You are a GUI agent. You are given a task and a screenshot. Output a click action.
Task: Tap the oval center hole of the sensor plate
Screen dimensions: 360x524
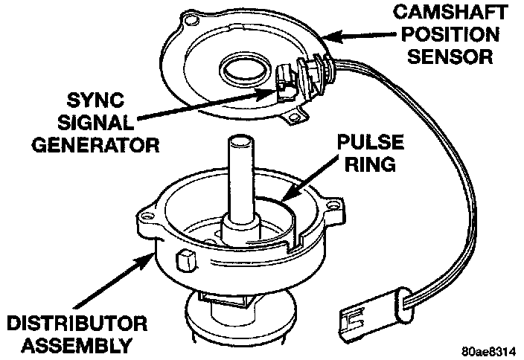[243, 74]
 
